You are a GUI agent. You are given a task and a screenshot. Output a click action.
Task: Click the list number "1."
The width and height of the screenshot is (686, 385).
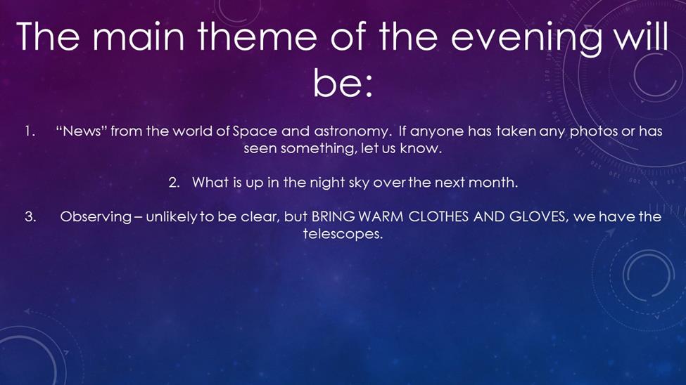point(30,131)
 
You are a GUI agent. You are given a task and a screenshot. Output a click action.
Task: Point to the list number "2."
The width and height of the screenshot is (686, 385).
point(174,182)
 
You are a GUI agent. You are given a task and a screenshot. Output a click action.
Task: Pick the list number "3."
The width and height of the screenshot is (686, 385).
point(30,216)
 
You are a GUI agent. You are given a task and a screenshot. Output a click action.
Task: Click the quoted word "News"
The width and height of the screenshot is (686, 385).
point(82,131)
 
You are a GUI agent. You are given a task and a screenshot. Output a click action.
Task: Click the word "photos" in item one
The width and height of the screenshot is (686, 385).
point(594,131)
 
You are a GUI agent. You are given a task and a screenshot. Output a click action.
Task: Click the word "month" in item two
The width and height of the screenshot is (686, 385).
point(493,182)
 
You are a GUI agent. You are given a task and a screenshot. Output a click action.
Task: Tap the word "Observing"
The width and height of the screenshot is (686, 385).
point(96,217)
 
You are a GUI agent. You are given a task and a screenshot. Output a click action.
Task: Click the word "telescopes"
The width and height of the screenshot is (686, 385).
point(343,234)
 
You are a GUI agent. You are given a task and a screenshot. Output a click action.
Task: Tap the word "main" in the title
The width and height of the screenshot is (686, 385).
point(138,37)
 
